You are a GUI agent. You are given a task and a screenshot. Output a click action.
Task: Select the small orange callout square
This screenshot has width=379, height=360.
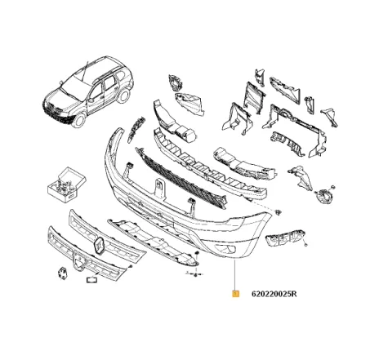point(235,293)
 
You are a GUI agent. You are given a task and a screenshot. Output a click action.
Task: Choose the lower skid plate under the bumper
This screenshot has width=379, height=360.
point(155,242)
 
